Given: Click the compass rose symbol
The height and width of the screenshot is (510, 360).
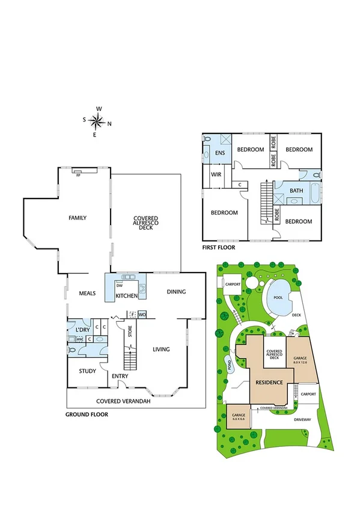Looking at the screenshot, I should click(96, 122).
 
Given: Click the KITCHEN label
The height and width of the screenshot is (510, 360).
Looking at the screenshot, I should click(127, 296).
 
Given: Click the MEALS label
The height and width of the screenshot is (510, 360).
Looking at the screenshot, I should click(89, 293).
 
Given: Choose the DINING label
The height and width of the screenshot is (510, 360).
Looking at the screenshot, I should click(176, 292).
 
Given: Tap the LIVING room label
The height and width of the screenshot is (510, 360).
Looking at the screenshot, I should click(160, 349).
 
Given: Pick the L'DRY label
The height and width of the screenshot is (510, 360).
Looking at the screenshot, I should click(82, 330).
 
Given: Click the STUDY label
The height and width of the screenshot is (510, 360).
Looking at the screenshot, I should click(88, 371).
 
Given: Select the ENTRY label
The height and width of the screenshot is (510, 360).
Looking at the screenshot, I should click(120, 376).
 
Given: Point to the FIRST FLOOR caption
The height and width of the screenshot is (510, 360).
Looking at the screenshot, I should click(219, 247).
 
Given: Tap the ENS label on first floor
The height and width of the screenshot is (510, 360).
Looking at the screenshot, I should click(219, 153).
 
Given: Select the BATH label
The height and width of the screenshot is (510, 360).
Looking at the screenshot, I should click(297, 191).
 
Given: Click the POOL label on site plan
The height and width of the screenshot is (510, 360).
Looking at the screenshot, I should click(277, 298).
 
